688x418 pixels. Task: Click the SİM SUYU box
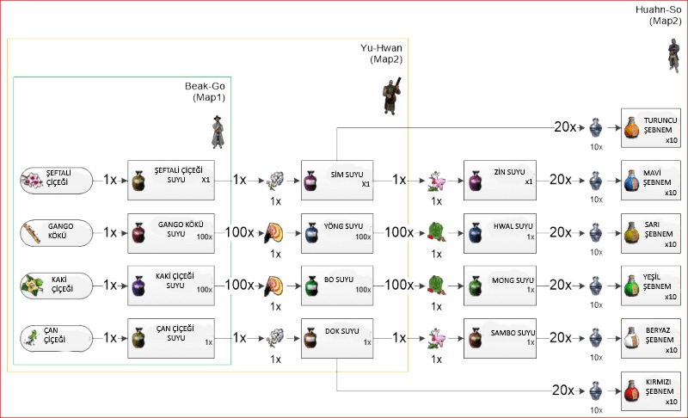pyautogui.click(x=336, y=181)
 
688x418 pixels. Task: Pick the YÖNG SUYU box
pyautogui.click(x=336, y=232)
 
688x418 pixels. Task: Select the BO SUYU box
pyautogui.click(x=336, y=285)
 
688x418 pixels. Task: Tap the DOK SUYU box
pyautogui.click(x=336, y=337)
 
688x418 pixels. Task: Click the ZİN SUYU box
pyautogui.click(x=499, y=181)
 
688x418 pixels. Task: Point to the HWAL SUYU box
pyautogui.click(x=499, y=232)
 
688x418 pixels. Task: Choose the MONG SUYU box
pyautogui.click(x=499, y=285)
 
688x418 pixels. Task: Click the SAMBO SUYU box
pyautogui.click(x=499, y=337)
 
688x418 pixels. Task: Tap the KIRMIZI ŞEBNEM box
pyautogui.click(x=651, y=390)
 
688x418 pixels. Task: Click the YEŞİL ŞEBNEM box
pyautogui.click(x=651, y=285)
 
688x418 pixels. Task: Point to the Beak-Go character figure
pyautogui.click(x=217, y=130)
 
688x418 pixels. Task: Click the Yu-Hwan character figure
pyautogui.click(x=391, y=94)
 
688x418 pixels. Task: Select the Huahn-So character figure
pyautogui.click(x=673, y=52)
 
